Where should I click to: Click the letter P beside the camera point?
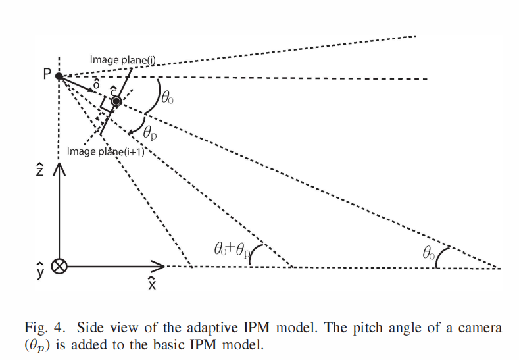(x=47, y=74)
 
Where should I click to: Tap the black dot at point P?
(x=59, y=76)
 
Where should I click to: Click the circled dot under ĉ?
(x=116, y=101)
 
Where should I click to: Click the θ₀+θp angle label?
(x=232, y=249)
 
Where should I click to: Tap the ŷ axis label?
(x=40, y=270)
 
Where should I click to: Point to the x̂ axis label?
(x=152, y=283)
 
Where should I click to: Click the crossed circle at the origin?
(x=59, y=267)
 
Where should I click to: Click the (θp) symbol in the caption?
(x=40, y=344)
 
